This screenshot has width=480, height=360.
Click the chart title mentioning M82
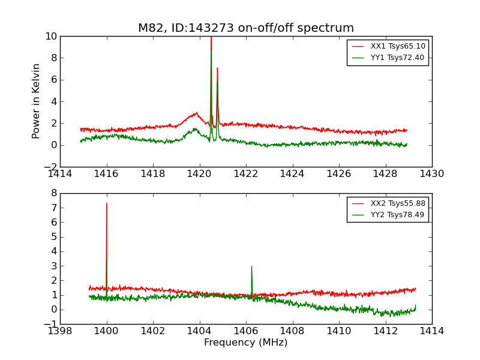246,28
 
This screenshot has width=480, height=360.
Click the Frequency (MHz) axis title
246,343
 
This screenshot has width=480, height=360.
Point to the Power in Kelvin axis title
37,101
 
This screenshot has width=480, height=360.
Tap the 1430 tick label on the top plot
431,174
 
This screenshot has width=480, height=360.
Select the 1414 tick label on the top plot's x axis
60,174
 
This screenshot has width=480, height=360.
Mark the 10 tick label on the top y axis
51,36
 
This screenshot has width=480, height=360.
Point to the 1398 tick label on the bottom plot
60,331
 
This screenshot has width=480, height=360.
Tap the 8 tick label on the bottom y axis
53,193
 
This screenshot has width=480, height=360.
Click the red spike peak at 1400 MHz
107,203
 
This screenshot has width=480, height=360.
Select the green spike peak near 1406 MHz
251,266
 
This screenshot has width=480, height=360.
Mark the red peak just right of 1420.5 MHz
217,68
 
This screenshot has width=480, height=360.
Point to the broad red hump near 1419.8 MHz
195,113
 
